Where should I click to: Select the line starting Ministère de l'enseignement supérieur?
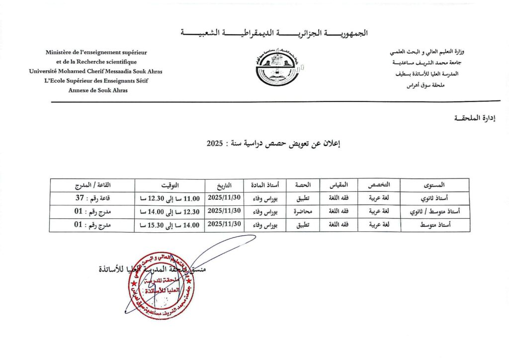coord(96,52)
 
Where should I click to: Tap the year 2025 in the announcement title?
coord(214,143)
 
